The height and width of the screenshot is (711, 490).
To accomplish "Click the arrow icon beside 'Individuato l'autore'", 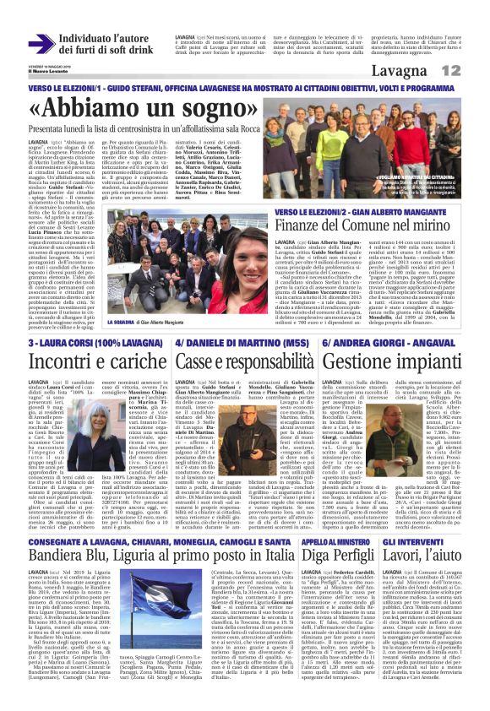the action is click(64, 44).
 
